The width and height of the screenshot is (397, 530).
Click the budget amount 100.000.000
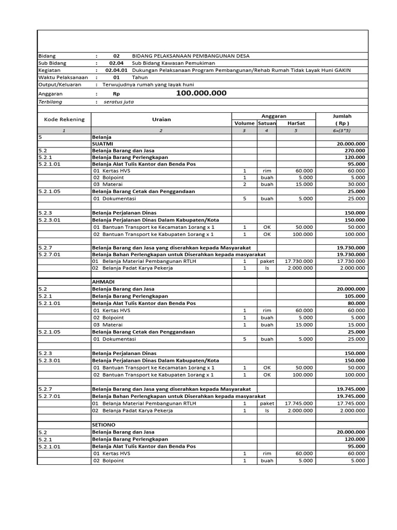point(201,93)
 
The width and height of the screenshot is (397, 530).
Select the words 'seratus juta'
point(119,102)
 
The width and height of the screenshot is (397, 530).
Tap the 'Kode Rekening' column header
point(64,120)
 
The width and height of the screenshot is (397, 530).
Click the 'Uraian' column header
point(161,120)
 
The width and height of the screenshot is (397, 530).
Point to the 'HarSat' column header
point(296,124)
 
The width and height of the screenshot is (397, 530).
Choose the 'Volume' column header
point(245,124)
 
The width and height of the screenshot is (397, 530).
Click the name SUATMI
point(103,143)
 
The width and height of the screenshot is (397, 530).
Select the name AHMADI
point(103,282)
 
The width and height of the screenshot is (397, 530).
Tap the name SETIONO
point(104,424)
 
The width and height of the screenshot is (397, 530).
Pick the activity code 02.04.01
point(116,70)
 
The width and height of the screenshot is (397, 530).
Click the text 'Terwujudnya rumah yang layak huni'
point(148,84)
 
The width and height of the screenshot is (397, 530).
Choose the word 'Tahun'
point(140,77)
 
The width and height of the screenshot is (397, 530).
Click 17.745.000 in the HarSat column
point(299,403)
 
